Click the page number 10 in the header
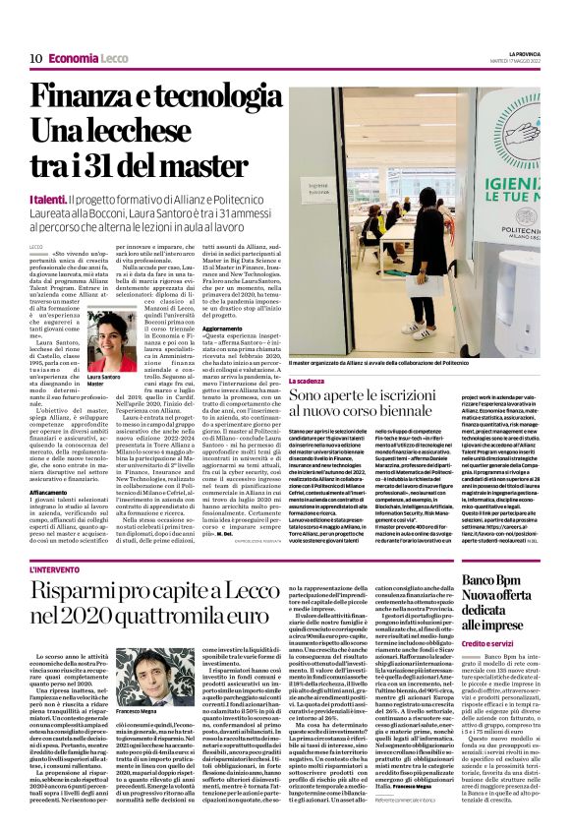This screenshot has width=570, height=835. pyautogui.click(x=35, y=58)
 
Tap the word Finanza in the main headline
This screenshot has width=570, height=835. pyautogui.click(x=84, y=97)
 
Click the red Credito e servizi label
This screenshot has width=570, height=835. pyautogui.click(x=516, y=640)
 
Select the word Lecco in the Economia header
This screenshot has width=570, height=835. pyautogui.click(x=115, y=58)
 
